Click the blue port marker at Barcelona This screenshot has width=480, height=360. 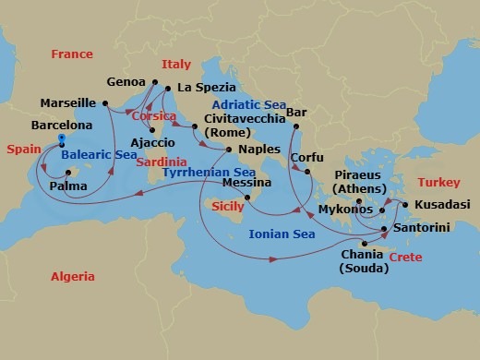(x=61, y=139)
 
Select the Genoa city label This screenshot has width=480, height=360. (x=126, y=81)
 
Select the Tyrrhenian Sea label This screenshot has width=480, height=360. (x=209, y=172)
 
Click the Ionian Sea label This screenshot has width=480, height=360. (x=282, y=234)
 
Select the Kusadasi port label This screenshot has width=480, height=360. (x=441, y=203)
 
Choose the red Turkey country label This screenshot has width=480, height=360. (x=438, y=183)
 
